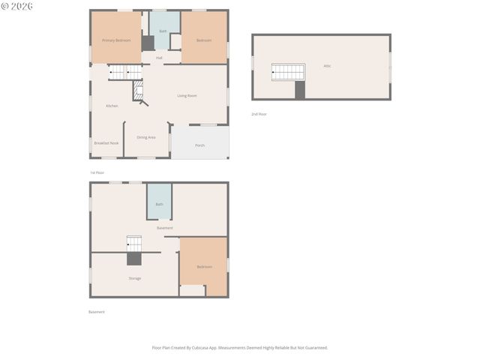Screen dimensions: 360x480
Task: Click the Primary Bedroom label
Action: click(116, 40)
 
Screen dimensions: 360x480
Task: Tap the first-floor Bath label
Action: click(163, 31)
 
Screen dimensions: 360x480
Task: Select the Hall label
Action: click(159, 58)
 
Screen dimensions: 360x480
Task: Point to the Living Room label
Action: click(187, 95)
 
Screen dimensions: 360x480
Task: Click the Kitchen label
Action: click(112, 106)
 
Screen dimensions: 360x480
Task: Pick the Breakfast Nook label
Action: click(106, 142)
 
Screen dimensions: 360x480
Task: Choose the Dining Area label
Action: click(146, 137)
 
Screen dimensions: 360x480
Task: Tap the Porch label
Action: click(199, 145)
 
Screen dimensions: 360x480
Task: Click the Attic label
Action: click(327, 66)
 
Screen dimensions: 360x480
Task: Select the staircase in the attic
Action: click(288, 72)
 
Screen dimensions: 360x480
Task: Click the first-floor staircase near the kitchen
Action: click(124, 73)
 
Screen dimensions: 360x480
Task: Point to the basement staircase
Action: click(133, 244)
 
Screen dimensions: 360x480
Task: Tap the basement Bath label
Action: click(159, 204)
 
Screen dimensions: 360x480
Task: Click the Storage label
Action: click(134, 278)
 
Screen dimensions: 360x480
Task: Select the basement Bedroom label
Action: click(204, 266)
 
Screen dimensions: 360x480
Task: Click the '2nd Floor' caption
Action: click(259, 114)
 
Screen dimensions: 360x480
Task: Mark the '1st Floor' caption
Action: click(97, 172)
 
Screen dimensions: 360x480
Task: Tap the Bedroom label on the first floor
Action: click(204, 40)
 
